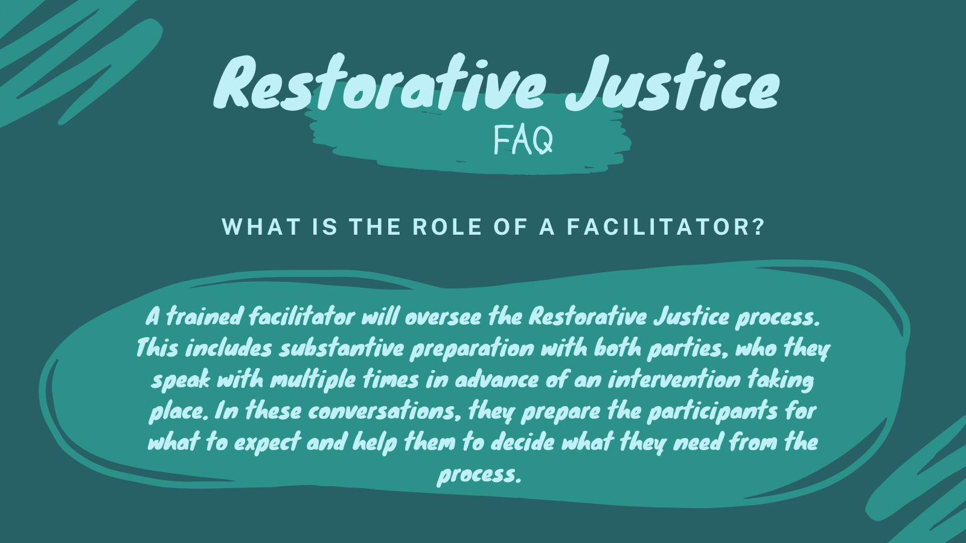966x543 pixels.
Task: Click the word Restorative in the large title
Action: [380, 83]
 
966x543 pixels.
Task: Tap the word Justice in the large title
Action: [673, 83]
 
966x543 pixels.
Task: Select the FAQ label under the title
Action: [523, 140]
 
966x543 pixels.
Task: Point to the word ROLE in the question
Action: [447, 227]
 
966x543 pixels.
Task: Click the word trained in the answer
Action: [204, 316]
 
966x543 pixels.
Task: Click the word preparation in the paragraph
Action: [472, 349]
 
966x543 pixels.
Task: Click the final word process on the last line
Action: [479, 475]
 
